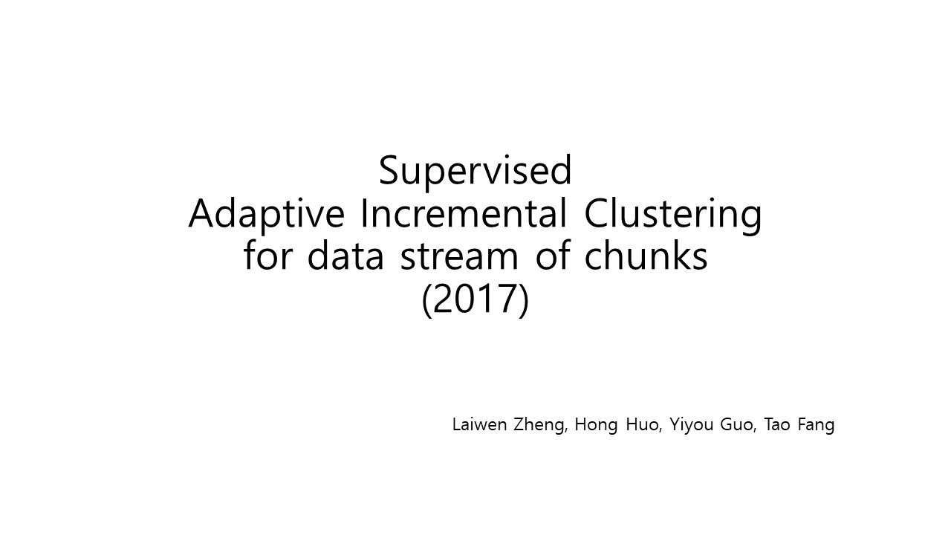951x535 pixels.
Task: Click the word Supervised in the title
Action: [x=475, y=171]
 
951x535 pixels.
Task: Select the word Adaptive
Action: [x=266, y=215]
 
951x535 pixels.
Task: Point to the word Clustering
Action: [x=673, y=215]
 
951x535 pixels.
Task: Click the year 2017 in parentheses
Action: [x=475, y=299]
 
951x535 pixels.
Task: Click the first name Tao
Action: [x=777, y=424]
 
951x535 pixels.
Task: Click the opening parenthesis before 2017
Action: [x=426, y=300]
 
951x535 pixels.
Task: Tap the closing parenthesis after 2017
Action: [x=524, y=300]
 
